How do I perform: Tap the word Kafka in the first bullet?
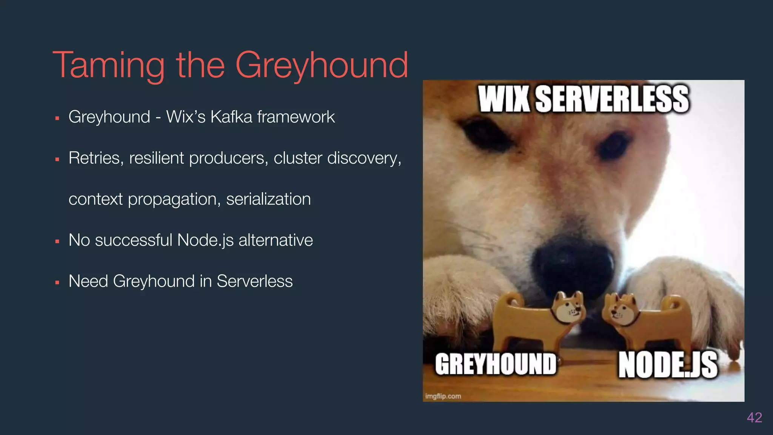pos(231,117)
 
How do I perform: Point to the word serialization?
pos(268,199)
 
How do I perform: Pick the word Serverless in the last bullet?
pos(254,281)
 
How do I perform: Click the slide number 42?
pos(754,417)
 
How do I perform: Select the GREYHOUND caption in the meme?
pos(496,364)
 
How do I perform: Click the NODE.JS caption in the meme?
pos(668,364)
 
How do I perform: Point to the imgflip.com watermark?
pos(443,396)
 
